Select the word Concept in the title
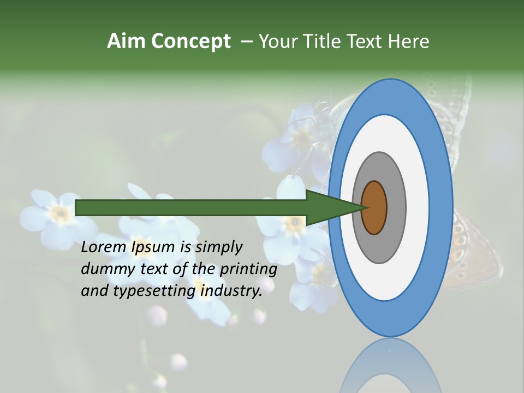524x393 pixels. pos(191,41)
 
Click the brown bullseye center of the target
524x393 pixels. pos(374,207)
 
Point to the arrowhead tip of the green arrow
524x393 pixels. pos(365,207)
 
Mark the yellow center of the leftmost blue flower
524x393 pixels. pos(59,213)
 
